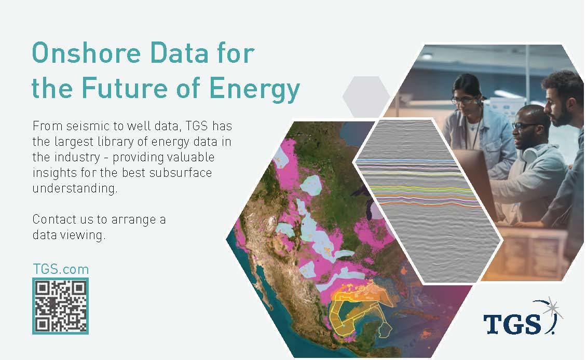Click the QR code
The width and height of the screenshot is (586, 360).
tap(61, 306)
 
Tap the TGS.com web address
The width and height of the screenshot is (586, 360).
tap(61, 269)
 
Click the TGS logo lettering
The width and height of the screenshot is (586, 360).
tap(512, 323)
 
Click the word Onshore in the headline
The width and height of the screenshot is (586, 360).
tap(86, 53)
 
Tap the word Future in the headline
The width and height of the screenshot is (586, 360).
tap(124, 88)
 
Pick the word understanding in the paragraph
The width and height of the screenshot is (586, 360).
tap(75, 188)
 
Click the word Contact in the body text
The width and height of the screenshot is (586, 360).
tap(56, 219)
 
